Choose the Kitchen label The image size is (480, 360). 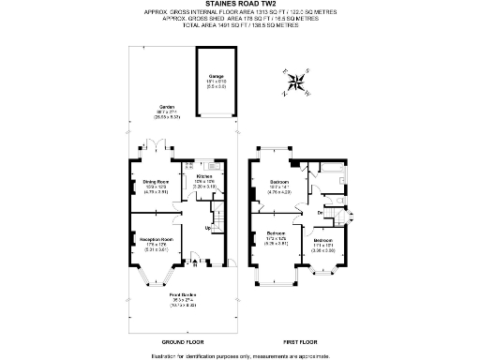click(204, 175)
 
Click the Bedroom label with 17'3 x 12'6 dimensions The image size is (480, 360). click(276, 234)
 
